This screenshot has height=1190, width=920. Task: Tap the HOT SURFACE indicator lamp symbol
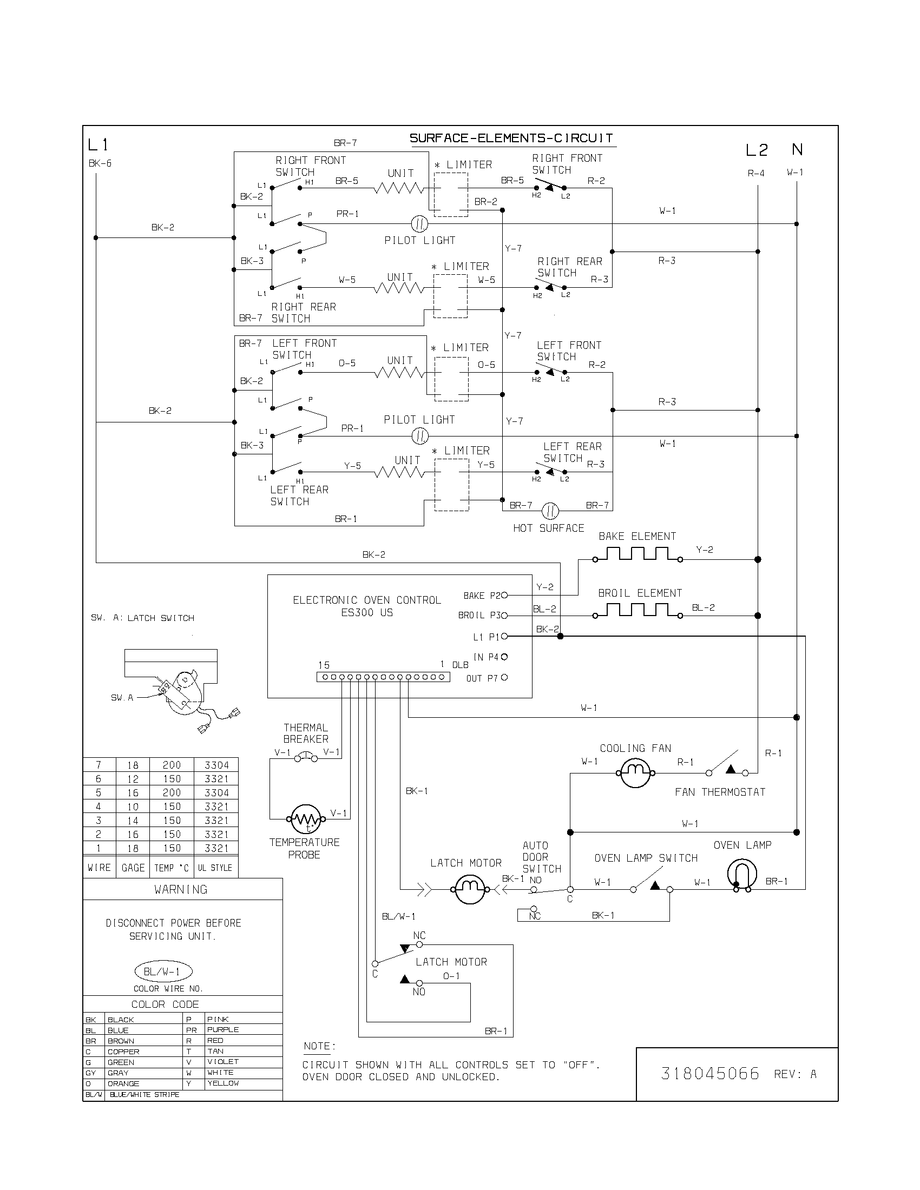click(x=550, y=511)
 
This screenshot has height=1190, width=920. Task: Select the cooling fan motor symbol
click(x=635, y=772)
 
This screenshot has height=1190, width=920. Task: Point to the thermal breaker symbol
click(x=306, y=757)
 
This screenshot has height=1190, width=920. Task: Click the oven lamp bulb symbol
click(x=742, y=874)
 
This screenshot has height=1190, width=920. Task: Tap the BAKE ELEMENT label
click(x=636, y=536)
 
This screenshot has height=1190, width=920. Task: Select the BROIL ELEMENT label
click(x=640, y=593)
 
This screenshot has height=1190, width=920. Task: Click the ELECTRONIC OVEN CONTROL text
click(x=366, y=600)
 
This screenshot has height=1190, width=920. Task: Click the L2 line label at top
click(x=757, y=150)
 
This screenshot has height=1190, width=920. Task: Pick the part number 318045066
click(x=709, y=1073)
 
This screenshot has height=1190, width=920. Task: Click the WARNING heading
click(x=180, y=890)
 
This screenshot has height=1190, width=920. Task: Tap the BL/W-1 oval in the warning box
click(x=163, y=971)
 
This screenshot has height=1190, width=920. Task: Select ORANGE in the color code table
click(x=123, y=1084)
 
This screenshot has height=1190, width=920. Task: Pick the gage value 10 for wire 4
click(x=133, y=807)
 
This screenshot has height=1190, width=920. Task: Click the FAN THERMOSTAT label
click(x=719, y=792)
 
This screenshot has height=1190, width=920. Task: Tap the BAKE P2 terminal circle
click(x=504, y=596)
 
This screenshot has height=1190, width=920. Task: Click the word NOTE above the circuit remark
click(x=319, y=1046)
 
